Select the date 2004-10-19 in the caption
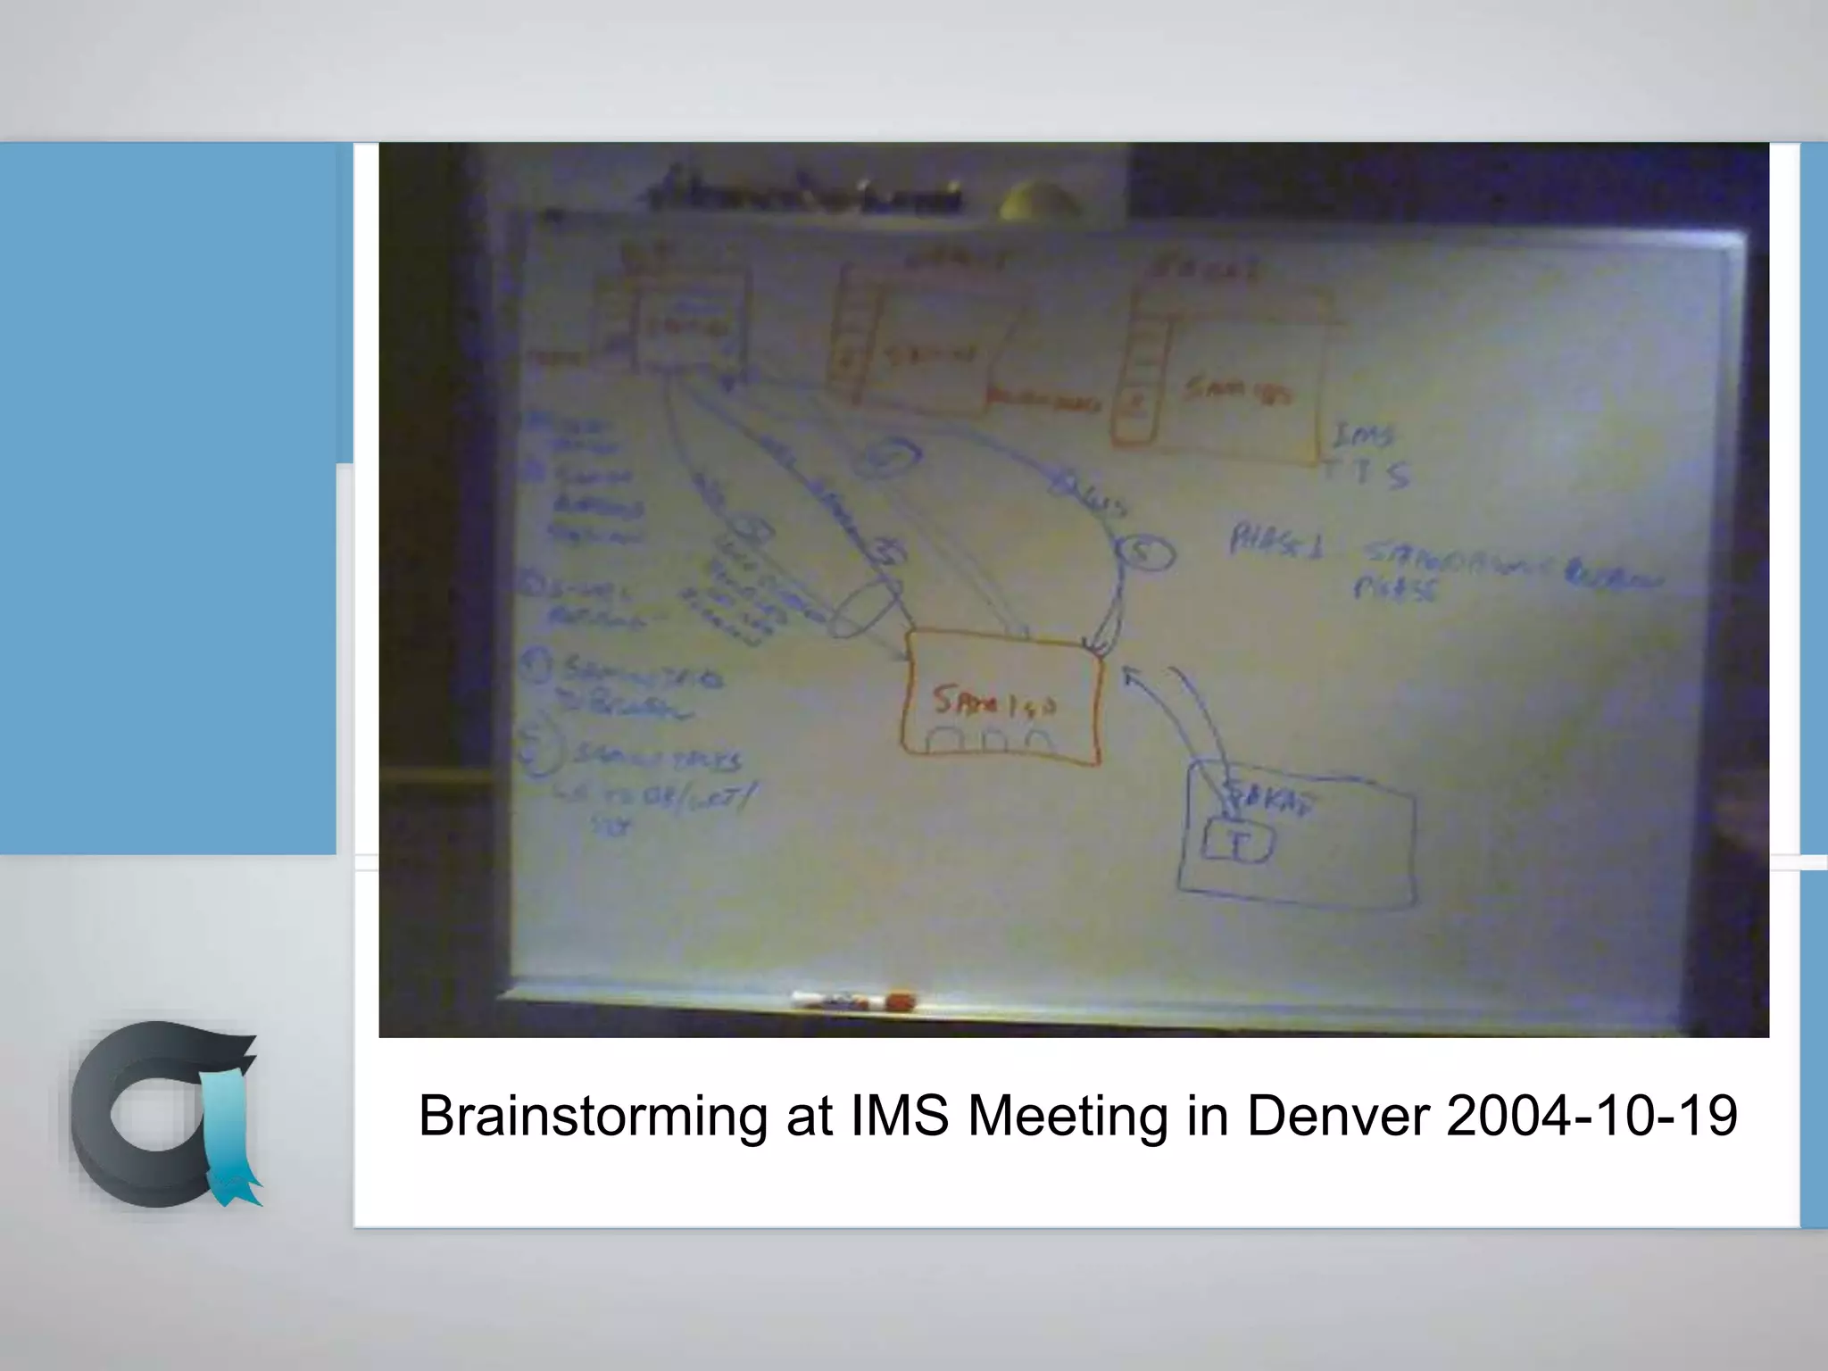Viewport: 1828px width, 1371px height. [x=1591, y=1117]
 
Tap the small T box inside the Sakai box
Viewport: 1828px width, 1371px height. [x=1237, y=843]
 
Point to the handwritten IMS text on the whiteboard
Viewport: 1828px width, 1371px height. [x=1362, y=436]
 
